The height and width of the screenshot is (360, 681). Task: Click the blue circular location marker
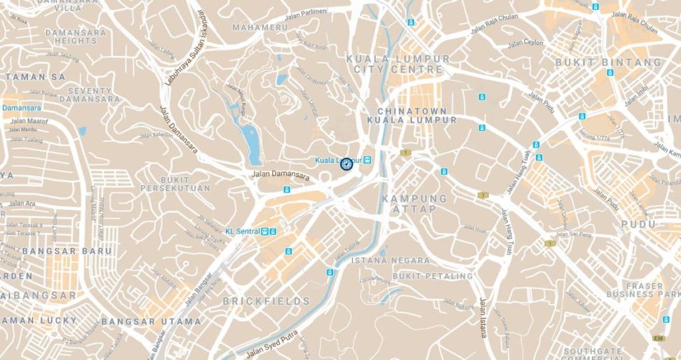(x=346, y=163)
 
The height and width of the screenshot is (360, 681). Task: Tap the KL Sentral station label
(x=243, y=231)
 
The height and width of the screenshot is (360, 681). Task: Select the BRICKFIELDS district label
(x=266, y=301)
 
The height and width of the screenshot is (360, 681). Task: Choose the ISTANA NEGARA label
(x=387, y=260)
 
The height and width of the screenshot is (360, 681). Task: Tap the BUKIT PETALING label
(x=432, y=275)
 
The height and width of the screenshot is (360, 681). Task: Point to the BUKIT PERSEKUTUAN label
(x=175, y=184)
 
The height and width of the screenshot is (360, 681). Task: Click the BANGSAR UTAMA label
(x=160, y=321)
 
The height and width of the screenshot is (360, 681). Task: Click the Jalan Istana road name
(x=483, y=318)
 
